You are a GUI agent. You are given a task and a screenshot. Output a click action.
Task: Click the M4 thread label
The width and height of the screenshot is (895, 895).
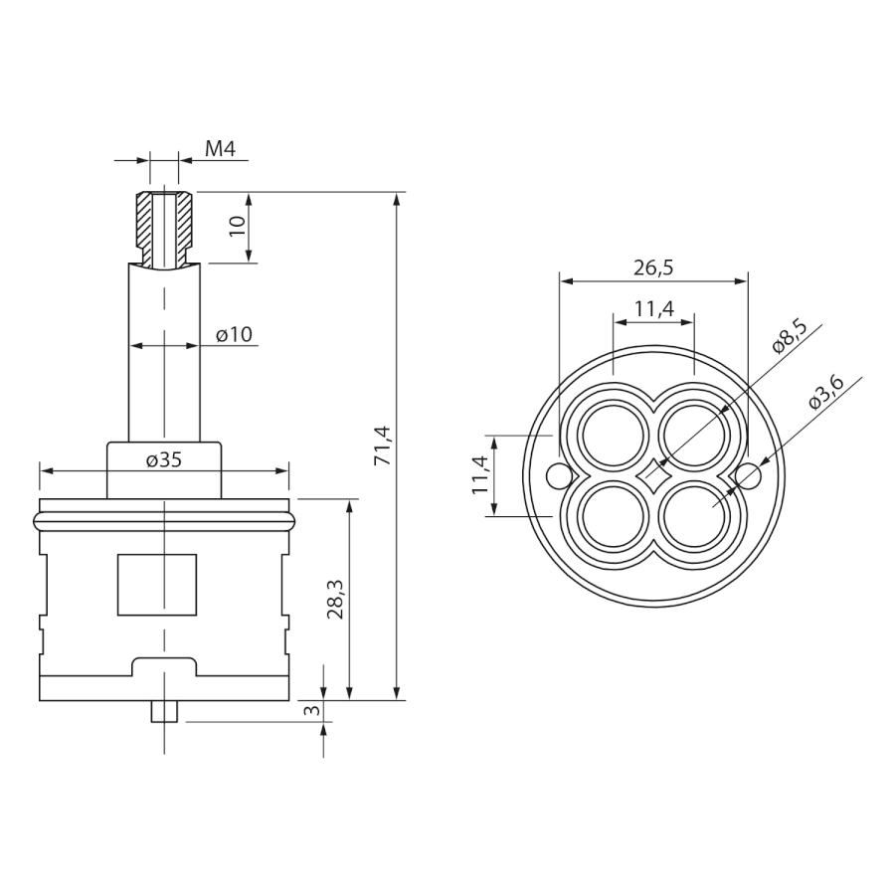click(x=221, y=149)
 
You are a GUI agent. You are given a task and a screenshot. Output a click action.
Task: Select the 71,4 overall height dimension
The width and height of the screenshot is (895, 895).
click(x=383, y=446)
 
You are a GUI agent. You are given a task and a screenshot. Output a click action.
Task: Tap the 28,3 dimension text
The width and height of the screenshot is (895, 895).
click(x=336, y=600)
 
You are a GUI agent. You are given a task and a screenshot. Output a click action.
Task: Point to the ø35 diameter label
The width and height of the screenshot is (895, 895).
click(x=164, y=459)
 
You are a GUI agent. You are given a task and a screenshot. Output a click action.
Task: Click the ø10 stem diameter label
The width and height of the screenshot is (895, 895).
click(x=234, y=334)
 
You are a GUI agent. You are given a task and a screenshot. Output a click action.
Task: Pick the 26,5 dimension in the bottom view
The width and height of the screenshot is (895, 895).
click(x=653, y=268)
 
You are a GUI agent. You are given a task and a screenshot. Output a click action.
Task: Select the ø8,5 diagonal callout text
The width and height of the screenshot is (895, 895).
click(x=790, y=336)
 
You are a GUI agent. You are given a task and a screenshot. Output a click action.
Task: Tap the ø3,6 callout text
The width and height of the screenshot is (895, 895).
click(x=826, y=393)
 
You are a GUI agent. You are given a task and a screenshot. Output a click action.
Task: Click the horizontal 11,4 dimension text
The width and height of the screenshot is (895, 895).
click(x=654, y=309)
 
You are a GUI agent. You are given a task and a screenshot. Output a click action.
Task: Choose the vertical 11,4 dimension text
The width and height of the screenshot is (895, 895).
click(x=479, y=475)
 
